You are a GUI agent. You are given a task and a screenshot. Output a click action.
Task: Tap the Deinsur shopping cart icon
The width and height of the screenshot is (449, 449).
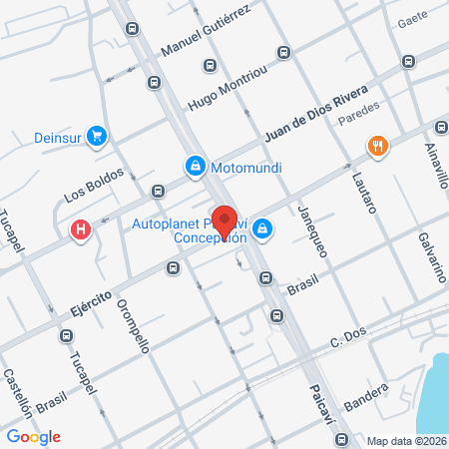(97, 135)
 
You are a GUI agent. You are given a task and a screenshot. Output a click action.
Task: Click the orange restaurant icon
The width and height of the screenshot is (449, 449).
(376, 146)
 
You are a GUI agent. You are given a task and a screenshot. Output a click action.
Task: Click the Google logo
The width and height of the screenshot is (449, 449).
(33, 436)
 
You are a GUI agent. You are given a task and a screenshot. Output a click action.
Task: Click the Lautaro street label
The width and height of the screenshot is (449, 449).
(362, 195)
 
